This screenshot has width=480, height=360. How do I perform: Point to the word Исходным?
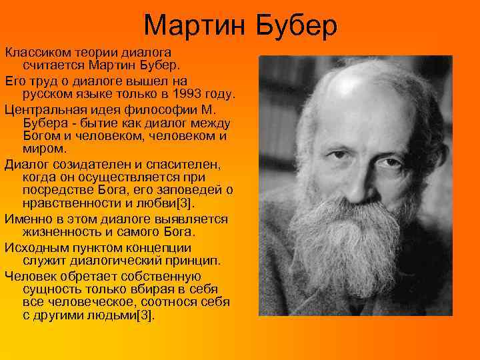coord(33,246)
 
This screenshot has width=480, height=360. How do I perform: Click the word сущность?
coord(51,288)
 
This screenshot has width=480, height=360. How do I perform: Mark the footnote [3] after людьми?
coord(145,315)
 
